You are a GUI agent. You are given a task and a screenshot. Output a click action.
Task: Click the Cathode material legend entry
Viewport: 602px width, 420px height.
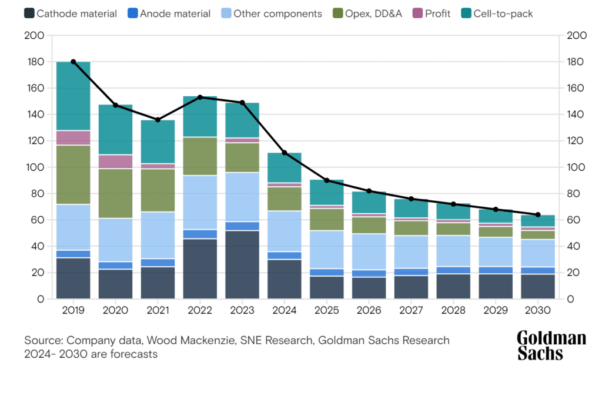(x=71, y=14)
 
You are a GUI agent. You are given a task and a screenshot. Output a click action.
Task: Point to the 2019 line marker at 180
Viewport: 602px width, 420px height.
(x=73, y=62)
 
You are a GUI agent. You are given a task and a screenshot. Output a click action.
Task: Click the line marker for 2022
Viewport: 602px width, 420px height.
(x=200, y=97)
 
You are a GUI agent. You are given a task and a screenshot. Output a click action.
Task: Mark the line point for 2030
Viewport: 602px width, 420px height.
(x=538, y=214)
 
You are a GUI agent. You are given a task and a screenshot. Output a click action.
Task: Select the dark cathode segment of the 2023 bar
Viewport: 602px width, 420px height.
(x=242, y=264)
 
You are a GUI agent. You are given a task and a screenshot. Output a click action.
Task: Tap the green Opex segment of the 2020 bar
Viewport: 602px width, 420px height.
(x=115, y=193)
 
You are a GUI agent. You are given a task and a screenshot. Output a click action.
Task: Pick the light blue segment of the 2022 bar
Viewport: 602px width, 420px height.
(x=200, y=203)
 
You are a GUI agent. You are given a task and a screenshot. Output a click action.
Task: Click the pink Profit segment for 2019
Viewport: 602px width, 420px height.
(x=73, y=137)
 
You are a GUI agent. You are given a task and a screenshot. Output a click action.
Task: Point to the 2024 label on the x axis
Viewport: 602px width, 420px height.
(x=285, y=310)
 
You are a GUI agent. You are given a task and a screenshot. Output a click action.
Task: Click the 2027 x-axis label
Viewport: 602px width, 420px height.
(x=412, y=310)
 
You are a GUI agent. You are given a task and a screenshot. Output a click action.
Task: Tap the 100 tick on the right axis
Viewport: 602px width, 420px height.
(x=577, y=167)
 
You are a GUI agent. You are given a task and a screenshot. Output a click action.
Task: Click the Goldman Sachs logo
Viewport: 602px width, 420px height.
(x=551, y=345)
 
